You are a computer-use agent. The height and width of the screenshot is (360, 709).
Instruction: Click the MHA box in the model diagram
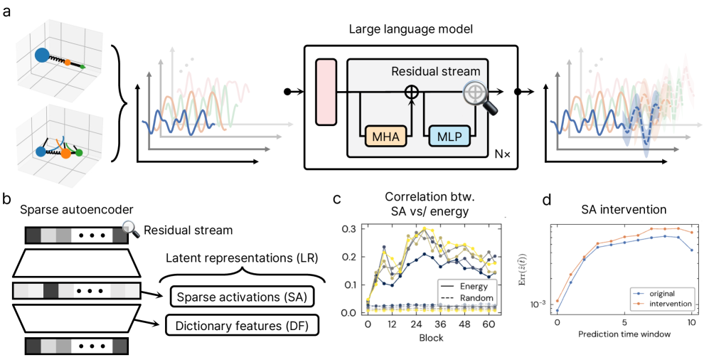385,134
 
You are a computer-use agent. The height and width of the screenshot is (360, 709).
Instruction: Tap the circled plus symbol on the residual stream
411,92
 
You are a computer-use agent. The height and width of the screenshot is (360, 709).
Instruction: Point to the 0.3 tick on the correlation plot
348,229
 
